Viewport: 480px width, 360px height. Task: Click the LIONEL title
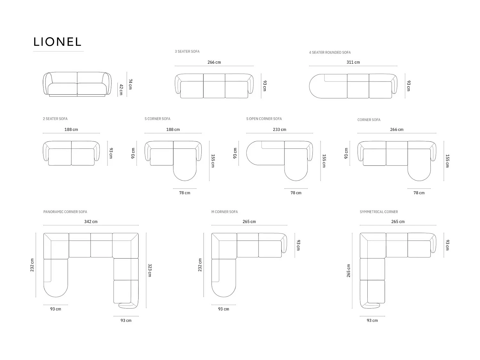click(x=57, y=42)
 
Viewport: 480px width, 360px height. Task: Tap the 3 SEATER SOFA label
click(x=187, y=52)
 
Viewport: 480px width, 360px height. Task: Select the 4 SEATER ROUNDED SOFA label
click(x=330, y=52)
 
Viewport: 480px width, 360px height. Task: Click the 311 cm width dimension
click(x=353, y=62)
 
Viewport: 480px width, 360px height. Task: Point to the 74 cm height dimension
click(x=130, y=84)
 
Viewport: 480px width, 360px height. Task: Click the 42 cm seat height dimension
click(x=121, y=90)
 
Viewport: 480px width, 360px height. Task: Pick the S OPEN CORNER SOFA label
click(x=264, y=119)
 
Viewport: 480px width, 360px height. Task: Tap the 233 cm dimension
click(x=279, y=129)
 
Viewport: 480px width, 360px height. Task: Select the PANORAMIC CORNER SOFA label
click(x=65, y=212)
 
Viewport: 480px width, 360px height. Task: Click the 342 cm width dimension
click(x=91, y=222)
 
